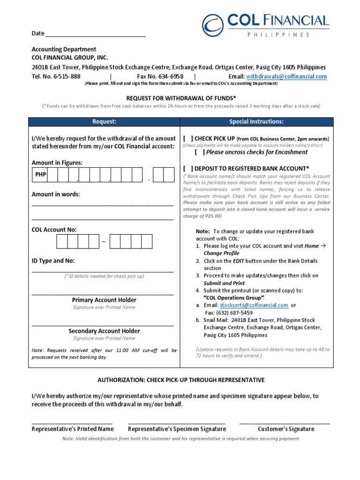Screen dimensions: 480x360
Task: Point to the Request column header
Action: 104,122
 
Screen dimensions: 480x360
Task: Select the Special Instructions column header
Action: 256,122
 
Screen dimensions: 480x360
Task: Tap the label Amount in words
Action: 56,194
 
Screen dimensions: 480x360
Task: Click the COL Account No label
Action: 54,230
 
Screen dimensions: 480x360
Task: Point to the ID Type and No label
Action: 53,261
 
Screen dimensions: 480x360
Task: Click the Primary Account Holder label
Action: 104,300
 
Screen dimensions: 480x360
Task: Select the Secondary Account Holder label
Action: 104,331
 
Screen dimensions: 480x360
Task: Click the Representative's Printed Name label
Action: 73,429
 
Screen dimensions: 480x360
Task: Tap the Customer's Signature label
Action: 286,429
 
